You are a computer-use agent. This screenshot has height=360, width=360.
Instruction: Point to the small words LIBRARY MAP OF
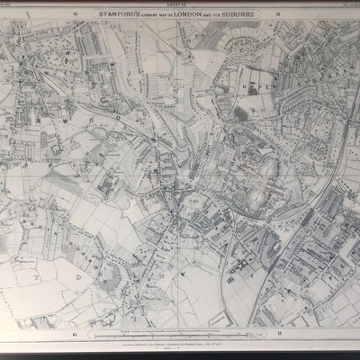point(162,22)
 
